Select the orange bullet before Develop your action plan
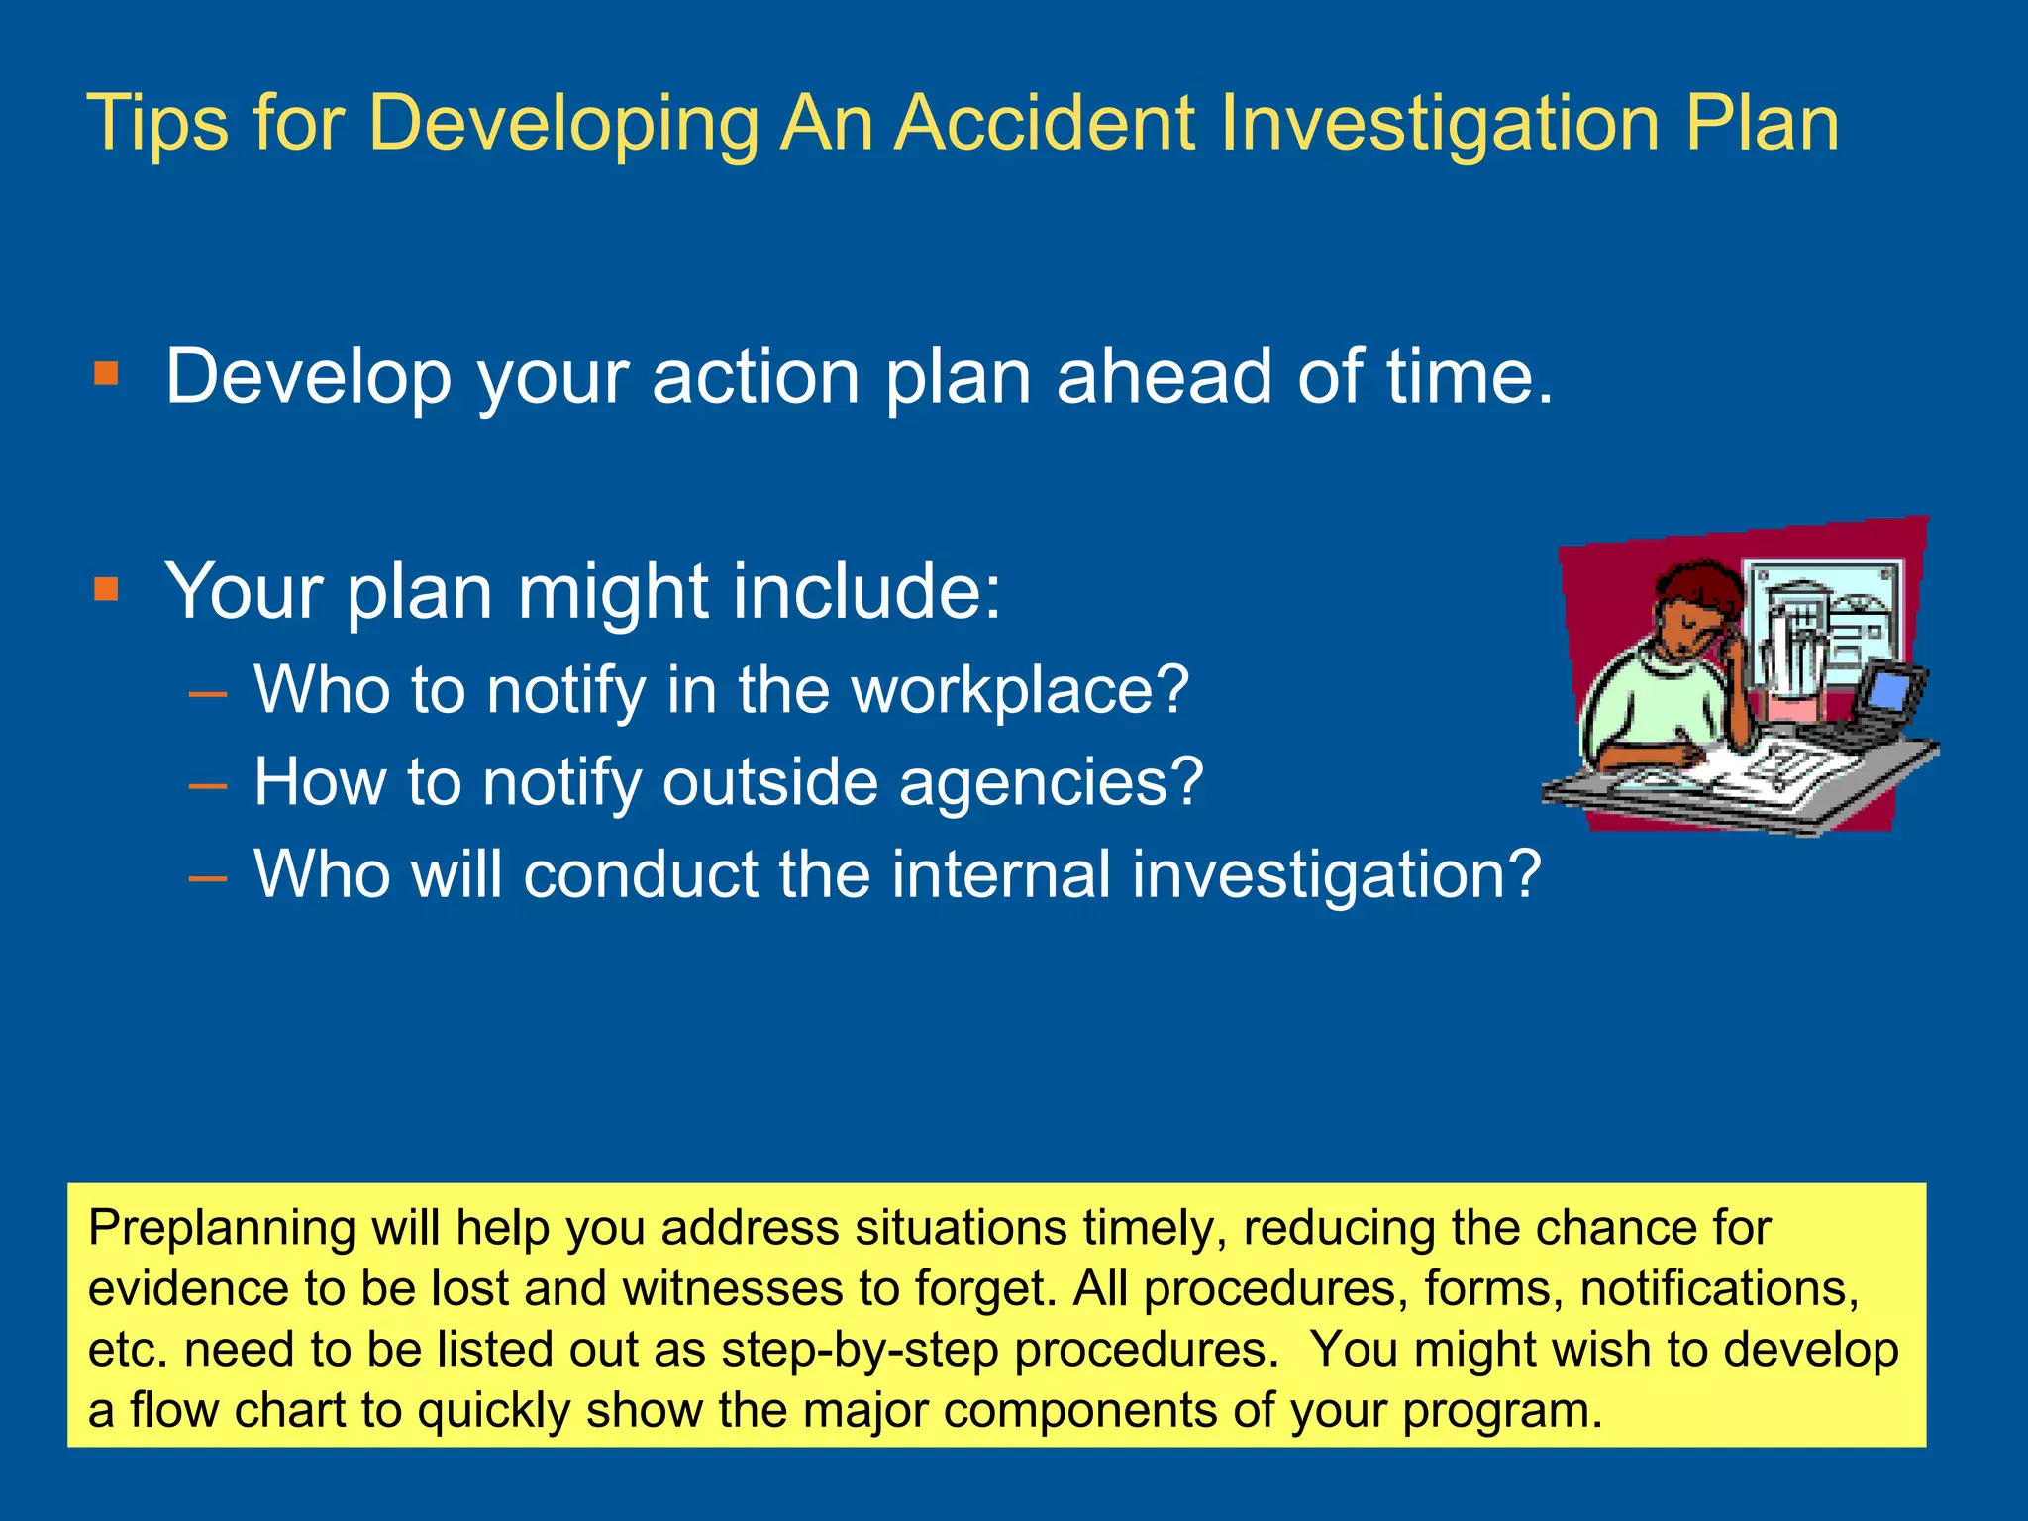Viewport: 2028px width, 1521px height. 106,374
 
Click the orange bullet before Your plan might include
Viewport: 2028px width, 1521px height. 106,589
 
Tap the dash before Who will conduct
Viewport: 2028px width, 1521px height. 208,877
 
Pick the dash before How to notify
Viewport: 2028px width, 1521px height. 208,785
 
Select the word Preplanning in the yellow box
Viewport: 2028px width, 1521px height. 221,1229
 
